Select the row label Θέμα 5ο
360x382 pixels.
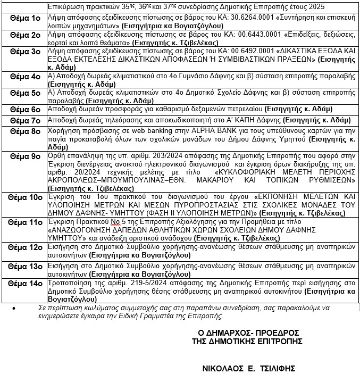tap(25, 93)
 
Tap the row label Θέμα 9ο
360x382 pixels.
tap(25, 157)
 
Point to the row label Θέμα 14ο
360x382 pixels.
tap(25, 284)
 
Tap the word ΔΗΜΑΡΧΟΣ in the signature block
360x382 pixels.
tap(225, 333)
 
